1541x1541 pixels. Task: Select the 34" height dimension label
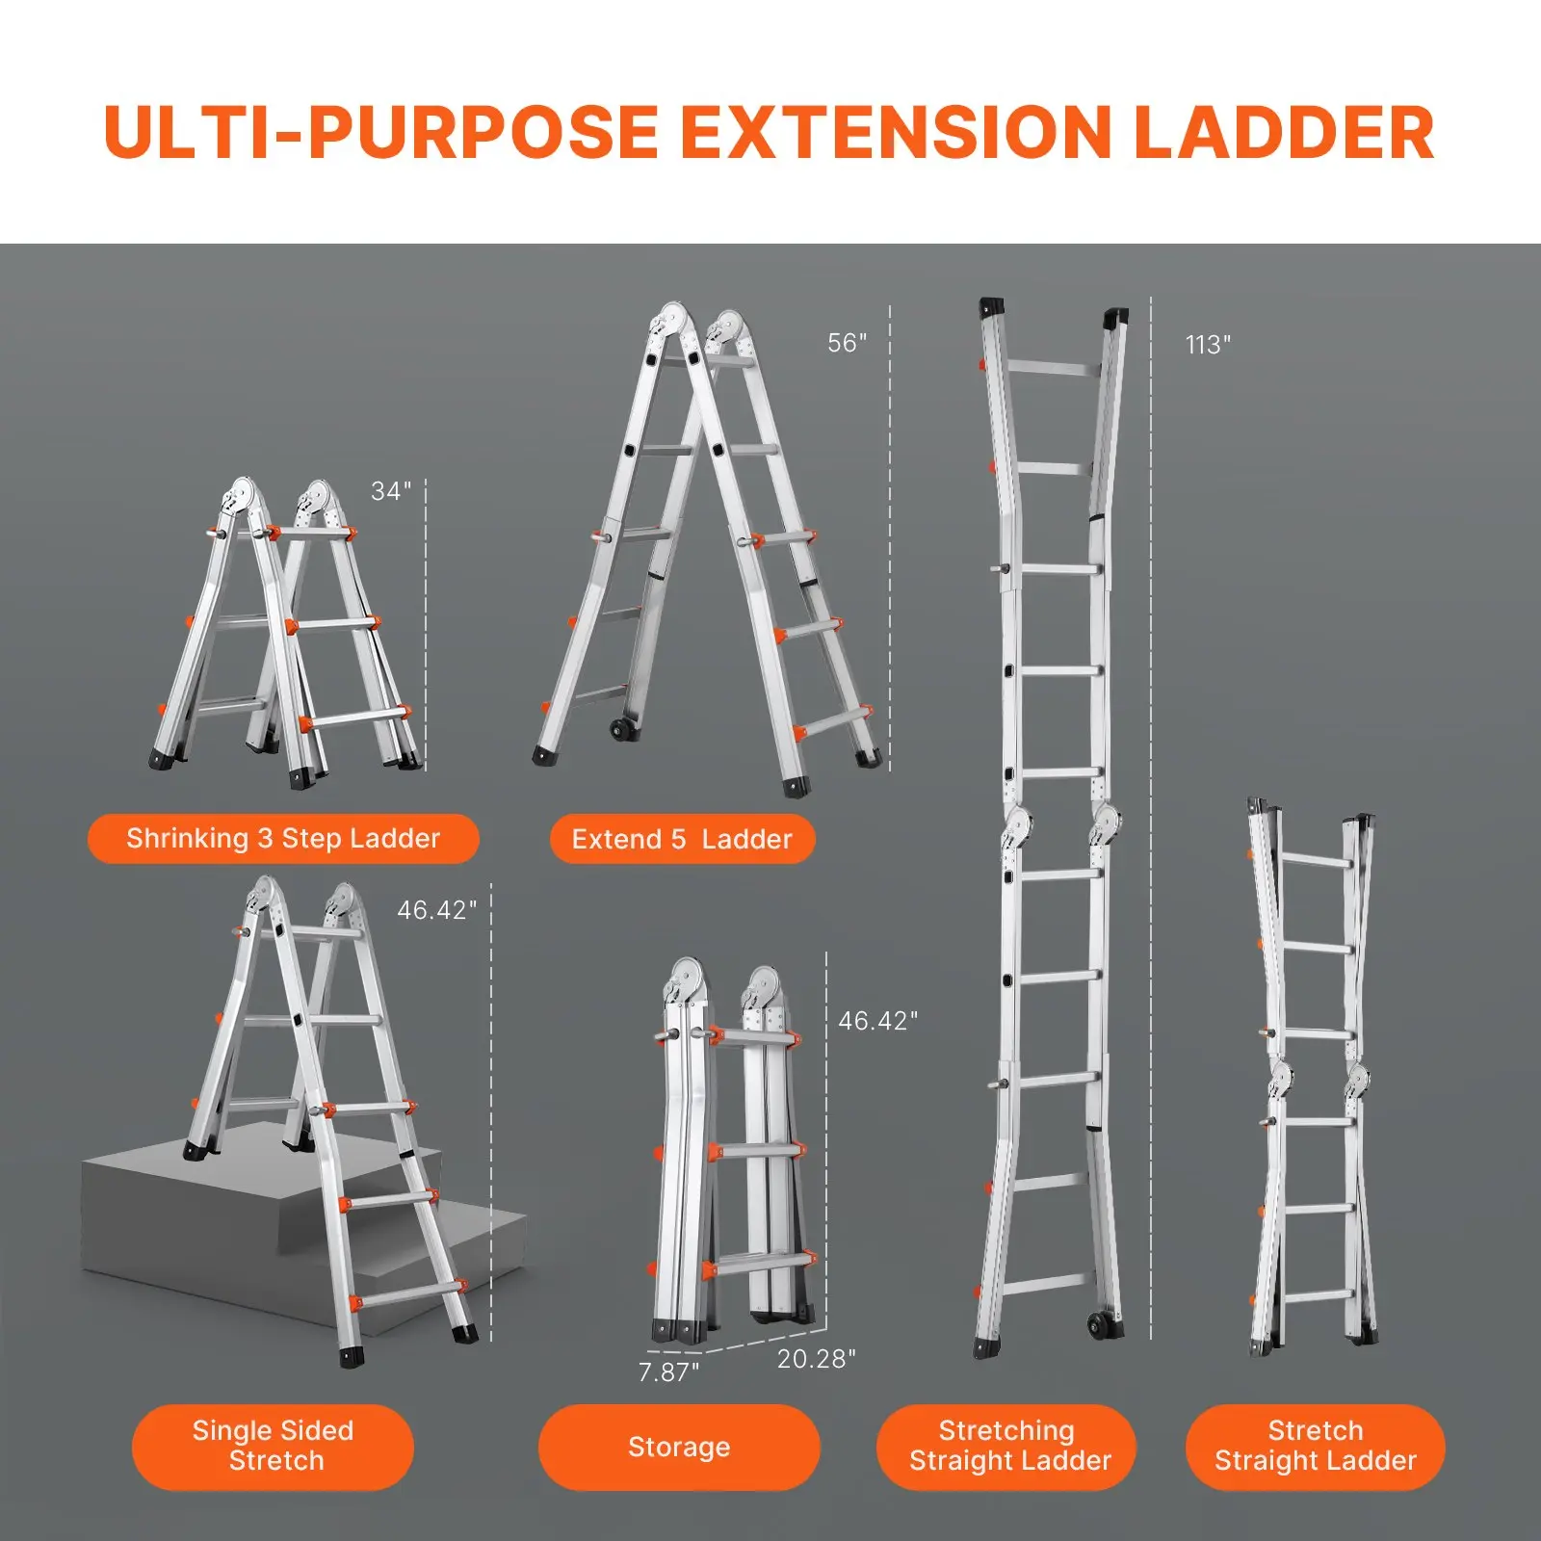click(391, 491)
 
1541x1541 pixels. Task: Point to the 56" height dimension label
click(847, 343)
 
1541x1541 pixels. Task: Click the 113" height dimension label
click(1208, 345)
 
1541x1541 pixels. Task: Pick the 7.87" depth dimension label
click(668, 1371)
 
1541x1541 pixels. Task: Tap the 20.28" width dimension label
click(816, 1358)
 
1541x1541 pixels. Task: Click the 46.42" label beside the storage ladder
click(877, 1021)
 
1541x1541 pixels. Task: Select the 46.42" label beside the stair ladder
click(436, 910)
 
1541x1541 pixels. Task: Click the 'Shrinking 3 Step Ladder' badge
click(283, 839)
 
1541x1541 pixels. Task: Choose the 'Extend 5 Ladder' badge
click(682, 839)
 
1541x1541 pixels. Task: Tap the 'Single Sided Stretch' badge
click(274, 1446)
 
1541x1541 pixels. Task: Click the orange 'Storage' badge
click(679, 1447)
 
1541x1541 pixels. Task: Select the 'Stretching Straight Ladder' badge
click(1007, 1446)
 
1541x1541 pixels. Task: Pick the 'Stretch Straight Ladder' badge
click(1316, 1446)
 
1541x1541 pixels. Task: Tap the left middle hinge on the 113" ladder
click(1017, 826)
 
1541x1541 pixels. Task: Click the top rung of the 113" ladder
click(1053, 368)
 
